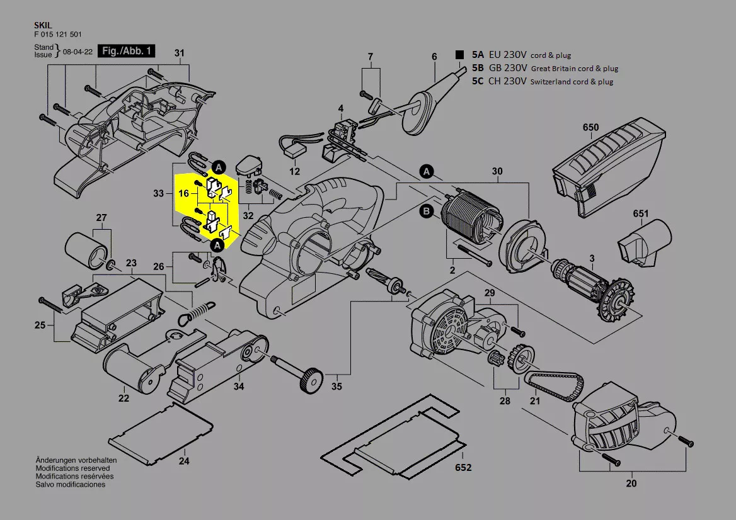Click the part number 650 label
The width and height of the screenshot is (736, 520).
(x=590, y=128)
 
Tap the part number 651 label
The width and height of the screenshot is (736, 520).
(x=640, y=214)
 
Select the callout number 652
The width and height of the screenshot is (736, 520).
(x=463, y=468)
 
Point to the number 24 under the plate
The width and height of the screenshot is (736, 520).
(x=183, y=460)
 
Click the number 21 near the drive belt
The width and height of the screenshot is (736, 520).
(x=535, y=401)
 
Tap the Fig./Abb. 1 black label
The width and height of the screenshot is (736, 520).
(x=127, y=52)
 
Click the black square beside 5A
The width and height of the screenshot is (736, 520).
(x=460, y=55)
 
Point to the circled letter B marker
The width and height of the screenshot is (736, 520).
(x=427, y=212)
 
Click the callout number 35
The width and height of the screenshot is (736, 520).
(x=336, y=386)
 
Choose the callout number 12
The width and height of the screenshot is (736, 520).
(x=295, y=171)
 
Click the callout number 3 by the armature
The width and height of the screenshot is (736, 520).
(x=592, y=259)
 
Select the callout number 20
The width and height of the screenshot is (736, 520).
(x=631, y=483)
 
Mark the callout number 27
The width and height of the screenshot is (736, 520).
(x=101, y=218)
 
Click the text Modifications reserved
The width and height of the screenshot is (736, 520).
(x=72, y=468)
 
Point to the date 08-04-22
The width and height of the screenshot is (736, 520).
(x=78, y=52)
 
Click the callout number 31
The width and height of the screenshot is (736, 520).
(x=179, y=52)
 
